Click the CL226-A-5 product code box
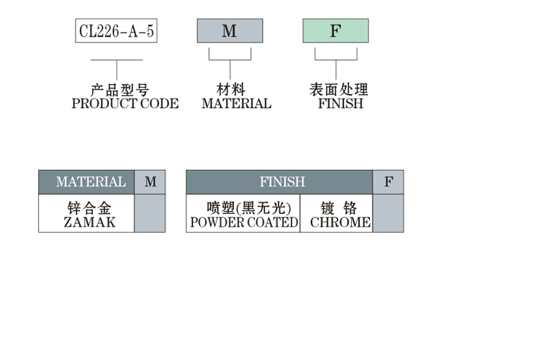[116, 31]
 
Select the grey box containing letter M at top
[230, 31]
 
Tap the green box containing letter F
[335, 31]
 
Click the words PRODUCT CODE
[125, 104]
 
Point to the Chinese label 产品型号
[119, 90]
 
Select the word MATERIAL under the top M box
[236, 104]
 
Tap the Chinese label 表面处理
[338, 90]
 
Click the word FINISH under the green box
[340, 104]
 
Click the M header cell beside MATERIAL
[150, 182]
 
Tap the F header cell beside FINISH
[388, 182]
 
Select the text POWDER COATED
[243, 222]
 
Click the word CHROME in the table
[340, 222]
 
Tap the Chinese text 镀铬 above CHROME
[339, 209]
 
